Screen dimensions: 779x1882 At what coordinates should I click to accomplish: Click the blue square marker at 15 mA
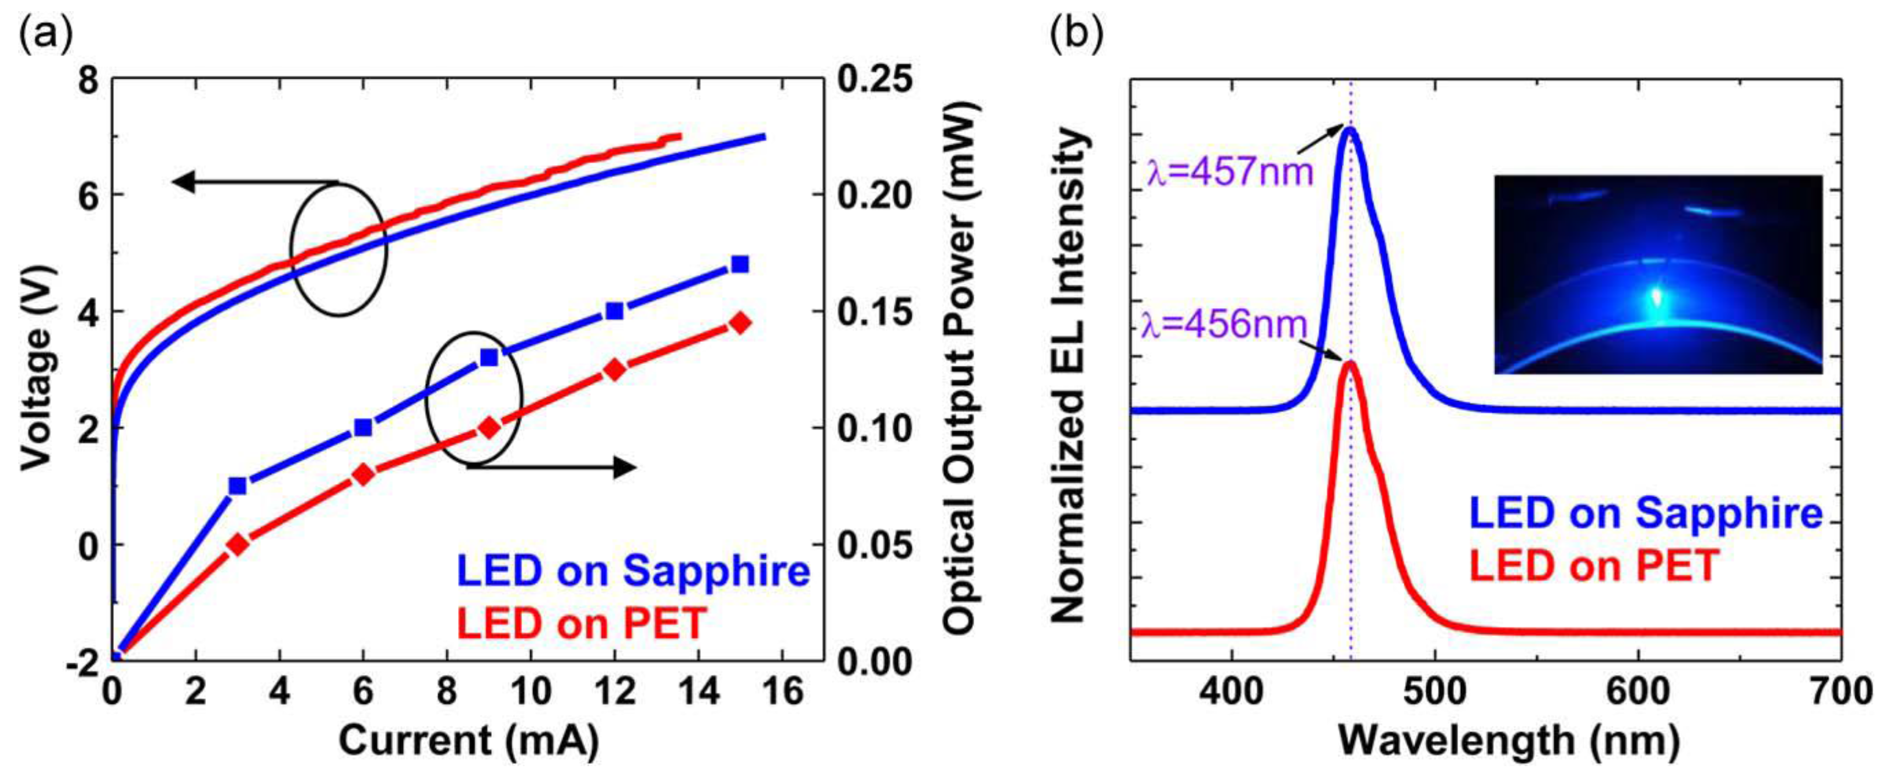pos(740,264)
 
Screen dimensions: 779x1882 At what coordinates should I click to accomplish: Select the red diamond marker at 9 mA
pos(489,428)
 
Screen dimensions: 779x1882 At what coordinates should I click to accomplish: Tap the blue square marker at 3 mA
pos(237,486)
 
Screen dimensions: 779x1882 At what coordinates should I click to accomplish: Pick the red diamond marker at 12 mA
pos(614,370)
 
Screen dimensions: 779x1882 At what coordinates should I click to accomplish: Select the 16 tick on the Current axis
pos(782,690)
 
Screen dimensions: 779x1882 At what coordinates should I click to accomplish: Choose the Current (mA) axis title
pos(469,741)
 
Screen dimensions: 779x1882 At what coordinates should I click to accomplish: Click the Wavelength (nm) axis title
pos(1509,741)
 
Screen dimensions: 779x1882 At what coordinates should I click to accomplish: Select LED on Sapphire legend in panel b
pos(1646,513)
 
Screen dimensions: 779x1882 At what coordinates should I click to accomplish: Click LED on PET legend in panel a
pos(582,623)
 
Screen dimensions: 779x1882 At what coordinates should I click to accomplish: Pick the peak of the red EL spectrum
pos(1350,363)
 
